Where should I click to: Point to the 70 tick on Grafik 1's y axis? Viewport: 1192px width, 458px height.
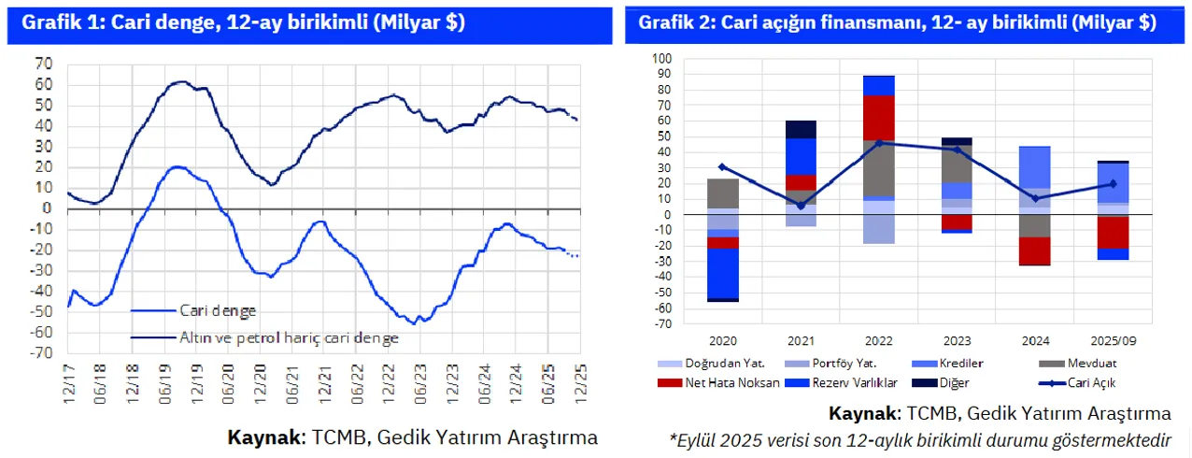pyautogui.click(x=43, y=64)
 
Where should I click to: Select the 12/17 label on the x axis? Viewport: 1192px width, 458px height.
pyautogui.click(x=69, y=382)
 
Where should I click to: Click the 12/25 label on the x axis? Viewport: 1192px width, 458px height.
pyautogui.click(x=578, y=382)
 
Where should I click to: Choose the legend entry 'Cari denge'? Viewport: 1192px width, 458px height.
pyautogui.click(x=219, y=311)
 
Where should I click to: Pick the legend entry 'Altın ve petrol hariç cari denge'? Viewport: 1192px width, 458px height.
pyautogui.click(x=288, y=336)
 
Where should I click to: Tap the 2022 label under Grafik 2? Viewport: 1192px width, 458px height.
pyautogui.click(x=878, y=341)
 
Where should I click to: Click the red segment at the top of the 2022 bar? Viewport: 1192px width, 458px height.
pyautogui.click(x=878, y=117)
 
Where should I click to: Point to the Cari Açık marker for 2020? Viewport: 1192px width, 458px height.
pyautogui.click(x=722, y=166)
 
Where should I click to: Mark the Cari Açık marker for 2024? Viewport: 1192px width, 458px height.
pyautogui.click(x=1035, y=198)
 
